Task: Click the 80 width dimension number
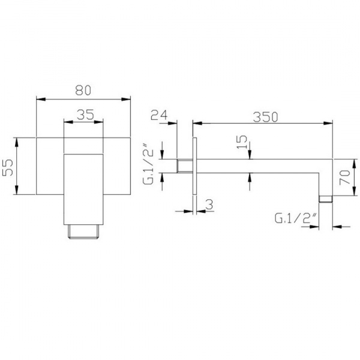[83, 90]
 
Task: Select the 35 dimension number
[85, 115]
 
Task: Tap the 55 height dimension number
[8, 167]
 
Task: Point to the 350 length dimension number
[265, 117]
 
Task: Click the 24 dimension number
[159, 115]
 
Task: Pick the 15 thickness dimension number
[242, 142]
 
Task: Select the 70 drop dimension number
[345, 177]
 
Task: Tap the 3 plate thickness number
[209, 205]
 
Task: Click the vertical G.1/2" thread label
[148, 163]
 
